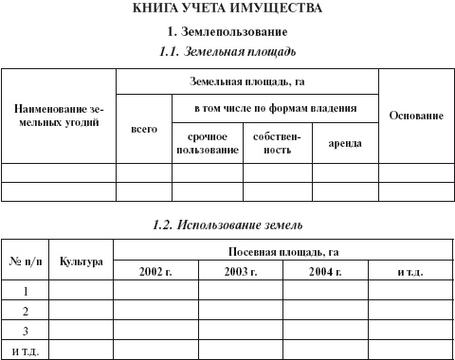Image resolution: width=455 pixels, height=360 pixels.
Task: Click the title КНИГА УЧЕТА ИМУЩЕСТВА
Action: click(x=227, y=9)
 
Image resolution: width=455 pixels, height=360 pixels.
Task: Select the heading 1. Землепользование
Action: click(x=227, y=32)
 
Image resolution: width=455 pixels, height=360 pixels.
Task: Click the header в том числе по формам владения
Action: click(x=274, y=108)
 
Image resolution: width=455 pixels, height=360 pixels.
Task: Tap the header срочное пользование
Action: click(x=208, y=143)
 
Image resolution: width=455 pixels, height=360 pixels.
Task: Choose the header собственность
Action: click(x=278, y=143)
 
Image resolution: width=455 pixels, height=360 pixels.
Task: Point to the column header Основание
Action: click(x=416, y=116)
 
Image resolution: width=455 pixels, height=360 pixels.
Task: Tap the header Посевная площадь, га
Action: click(x=283, y=251)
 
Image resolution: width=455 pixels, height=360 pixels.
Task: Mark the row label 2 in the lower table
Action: click(x=26, y=311)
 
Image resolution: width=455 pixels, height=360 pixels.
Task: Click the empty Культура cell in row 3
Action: click(x=81, y=331)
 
